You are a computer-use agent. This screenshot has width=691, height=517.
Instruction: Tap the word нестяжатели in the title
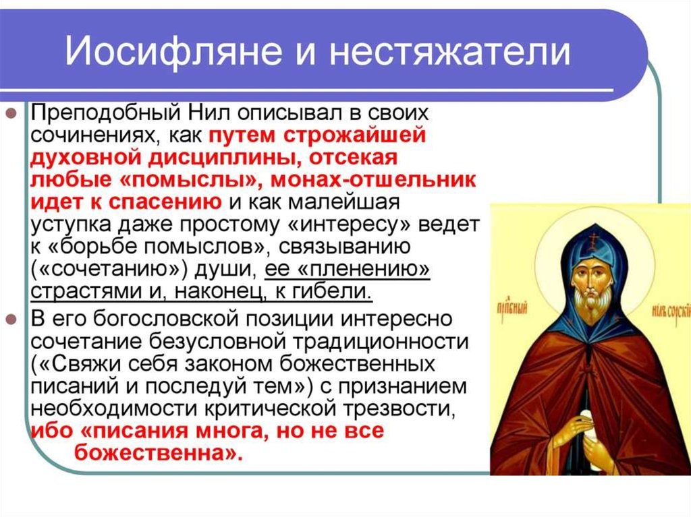click(450, 51)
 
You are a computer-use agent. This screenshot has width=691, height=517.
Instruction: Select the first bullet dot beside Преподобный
click(12, 115)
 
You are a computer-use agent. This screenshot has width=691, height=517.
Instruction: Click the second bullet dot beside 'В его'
click(12, 320)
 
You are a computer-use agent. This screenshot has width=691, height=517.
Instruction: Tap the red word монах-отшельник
click(372, 180)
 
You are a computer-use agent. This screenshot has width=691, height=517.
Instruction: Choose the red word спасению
click(165, 202)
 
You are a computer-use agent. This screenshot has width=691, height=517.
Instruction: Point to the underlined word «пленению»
click(364, 269)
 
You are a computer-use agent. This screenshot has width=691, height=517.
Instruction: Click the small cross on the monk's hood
click(597, 238)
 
